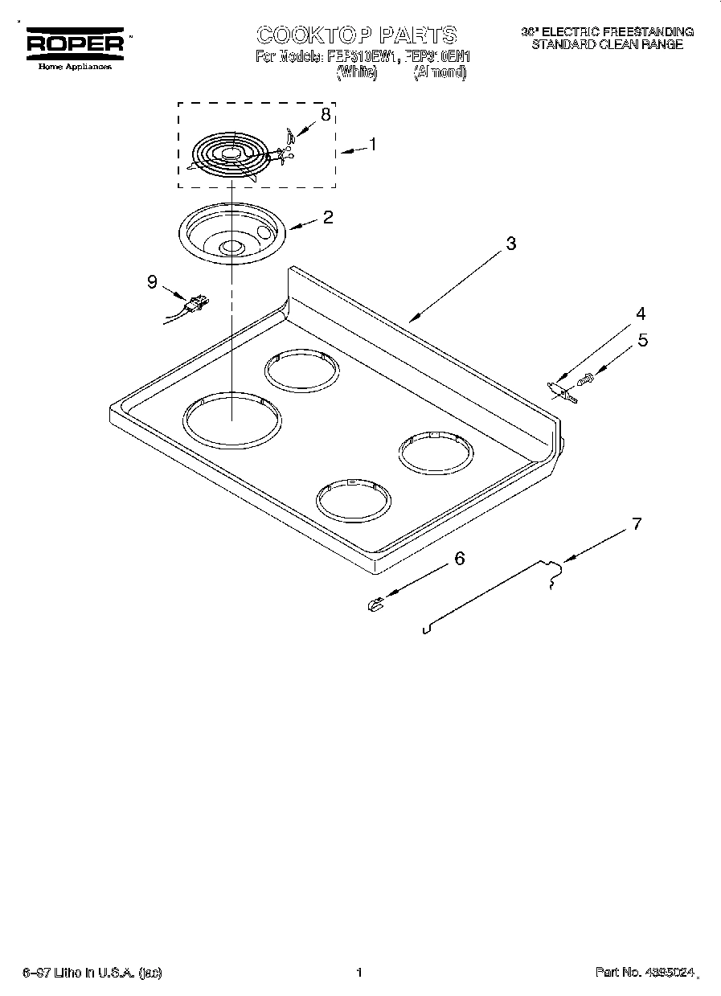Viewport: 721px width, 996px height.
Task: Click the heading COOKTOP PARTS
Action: click(x=357, y=35)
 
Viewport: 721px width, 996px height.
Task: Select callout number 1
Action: click(x=372, y=144)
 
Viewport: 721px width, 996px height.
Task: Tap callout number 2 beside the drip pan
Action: click(x=328, y=216)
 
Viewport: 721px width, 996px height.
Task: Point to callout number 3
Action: click(x=511, y=244)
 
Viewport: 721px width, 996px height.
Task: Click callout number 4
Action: click(x=641, y=314)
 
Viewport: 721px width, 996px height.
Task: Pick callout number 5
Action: click(x=642, y=340)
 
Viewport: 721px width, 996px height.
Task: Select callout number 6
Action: click(x=460, y=558)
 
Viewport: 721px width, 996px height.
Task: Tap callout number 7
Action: click(x=636, y=524)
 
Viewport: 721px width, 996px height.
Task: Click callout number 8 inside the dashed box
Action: click(x=325, y=115)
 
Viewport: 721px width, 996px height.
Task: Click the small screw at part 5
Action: click(x=587, y=376)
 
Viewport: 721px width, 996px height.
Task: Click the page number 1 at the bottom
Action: click(x=359, y=973)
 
